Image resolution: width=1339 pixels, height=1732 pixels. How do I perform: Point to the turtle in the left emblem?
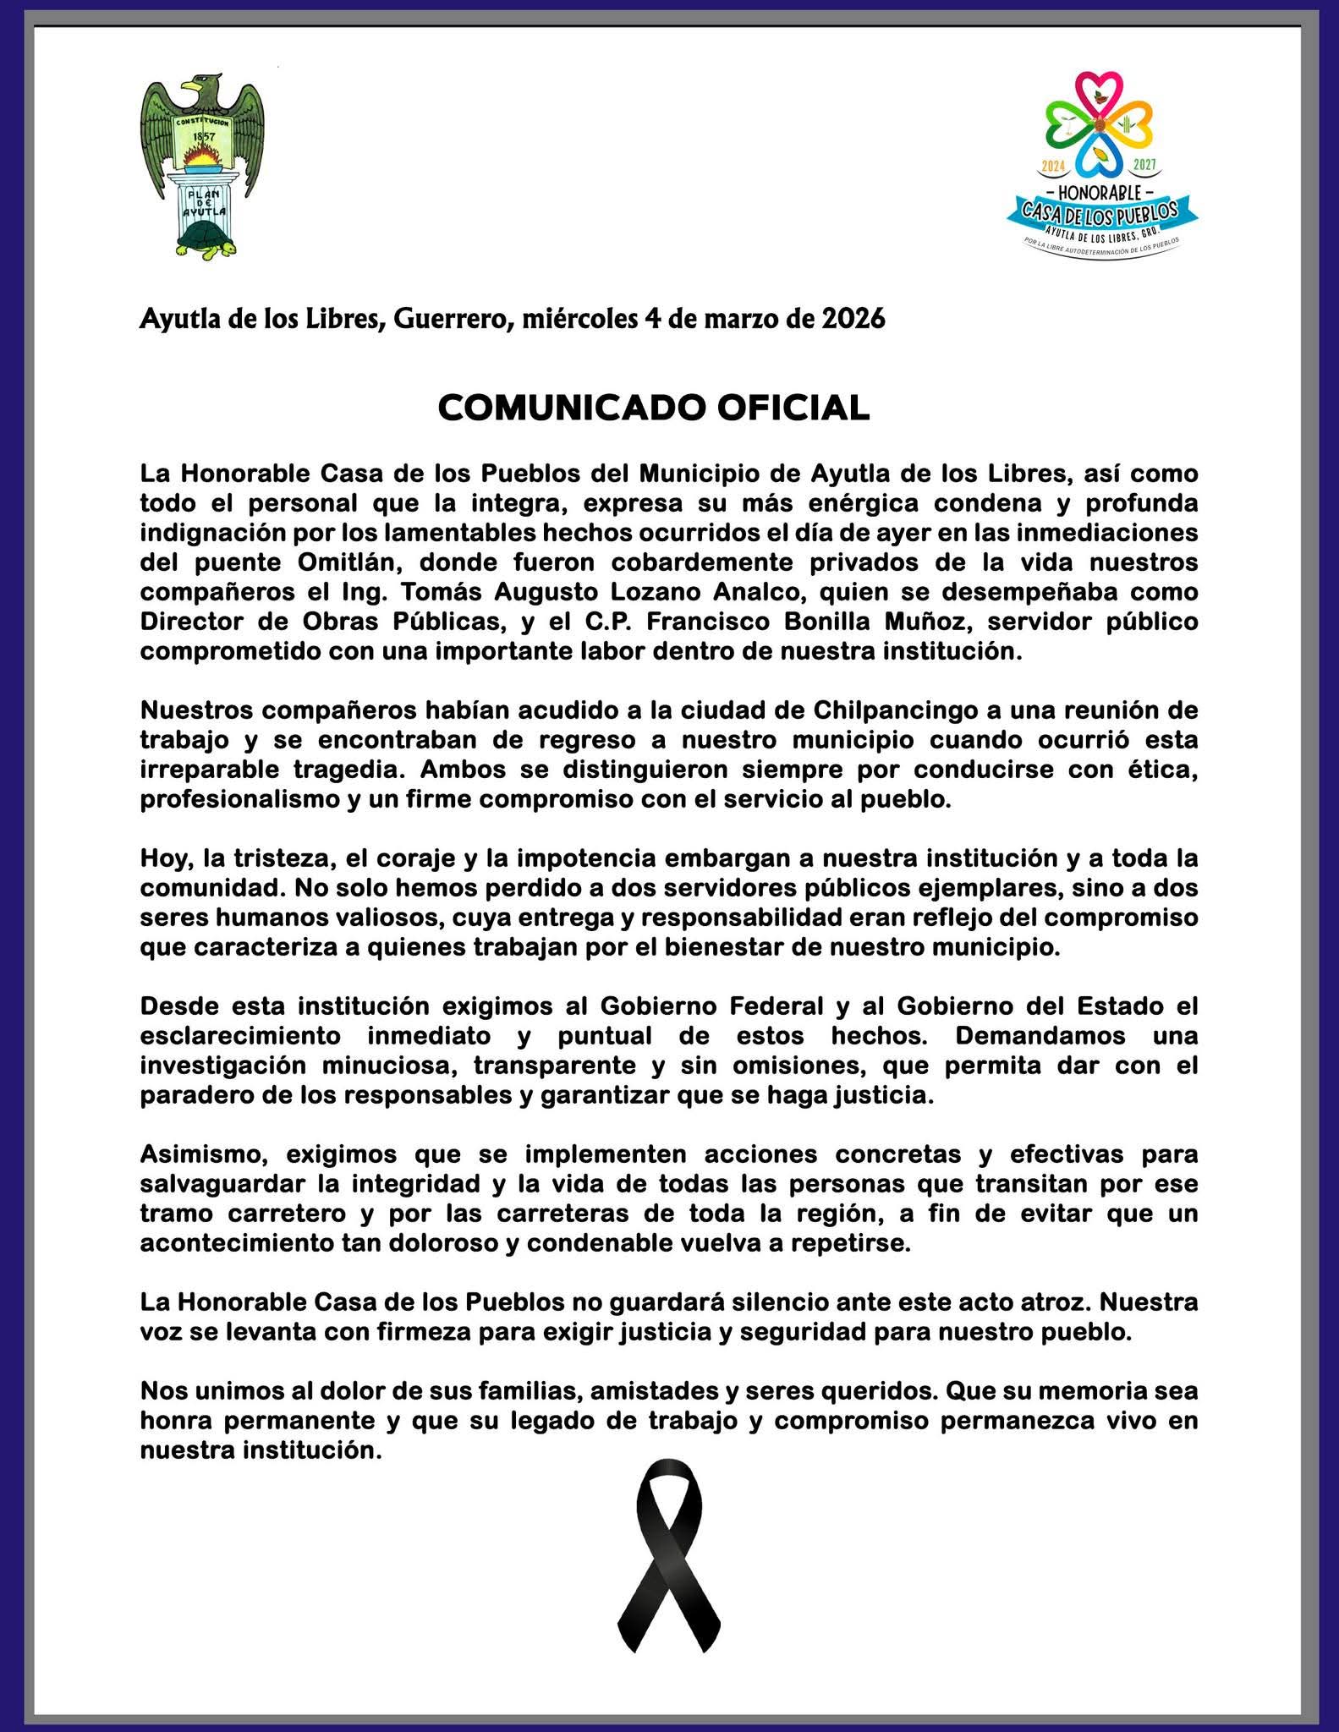(205, 238)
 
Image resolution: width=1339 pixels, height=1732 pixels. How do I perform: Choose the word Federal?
(772, 1006)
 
